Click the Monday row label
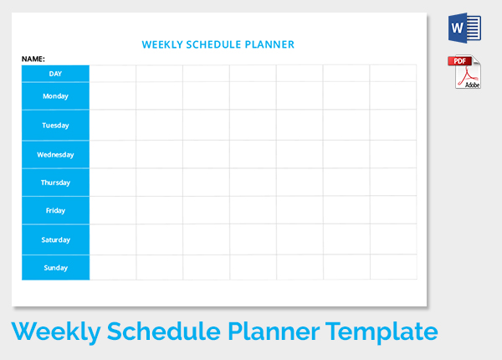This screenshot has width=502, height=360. click(55, 96)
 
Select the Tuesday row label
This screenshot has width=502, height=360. click(55, 126)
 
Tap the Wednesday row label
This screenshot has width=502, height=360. click(55, 155)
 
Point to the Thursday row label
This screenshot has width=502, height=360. click(55, 183)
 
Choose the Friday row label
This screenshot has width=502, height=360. click(55, 210)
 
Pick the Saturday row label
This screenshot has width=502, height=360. click(55, 240)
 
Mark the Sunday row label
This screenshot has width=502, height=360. click(55, 268)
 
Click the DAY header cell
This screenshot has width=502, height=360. click(55, 74)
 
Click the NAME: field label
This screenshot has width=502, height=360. click(33, 59)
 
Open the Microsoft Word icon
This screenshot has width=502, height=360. click(464, 28)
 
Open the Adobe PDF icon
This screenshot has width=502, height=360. click(464, 72)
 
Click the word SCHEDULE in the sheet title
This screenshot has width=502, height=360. click(213, 44)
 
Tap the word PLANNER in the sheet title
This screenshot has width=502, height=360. click(269, 44)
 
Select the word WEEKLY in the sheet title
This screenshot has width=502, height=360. click(162, 44)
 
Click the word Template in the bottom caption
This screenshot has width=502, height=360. click(382, 332)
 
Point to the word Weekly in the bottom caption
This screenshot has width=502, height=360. click(56, 332)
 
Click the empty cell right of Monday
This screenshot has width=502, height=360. click(113, 95)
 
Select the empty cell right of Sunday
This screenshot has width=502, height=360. click(113, 267)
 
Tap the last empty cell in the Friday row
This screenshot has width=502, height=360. click(393, 210)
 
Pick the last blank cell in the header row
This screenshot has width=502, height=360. click(393, 74)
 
